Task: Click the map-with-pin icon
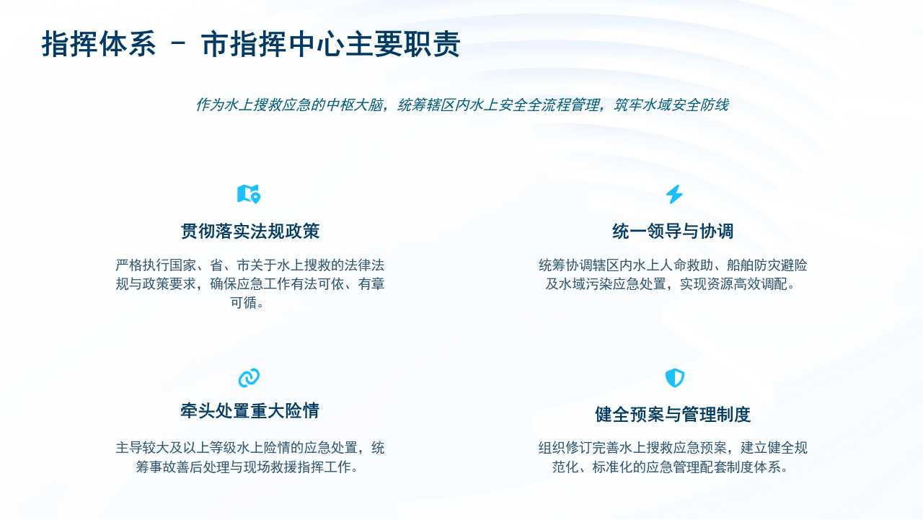[249, 194]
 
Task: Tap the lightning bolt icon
[674, 194]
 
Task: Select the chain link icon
[249, 378]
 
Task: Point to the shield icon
[674, 378]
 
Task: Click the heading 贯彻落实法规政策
[250, 232]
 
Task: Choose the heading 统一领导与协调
[673, 232]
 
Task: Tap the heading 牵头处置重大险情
[249, 411]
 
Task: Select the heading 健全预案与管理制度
[673, 414]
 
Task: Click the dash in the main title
[178, 43]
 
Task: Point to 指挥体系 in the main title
[99, 43]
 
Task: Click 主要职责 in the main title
[402, 43]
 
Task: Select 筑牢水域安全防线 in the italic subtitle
[671, 105]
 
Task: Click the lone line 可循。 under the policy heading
[247, 302]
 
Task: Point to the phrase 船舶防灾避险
[767, 265]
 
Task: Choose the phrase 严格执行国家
[156, 265]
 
